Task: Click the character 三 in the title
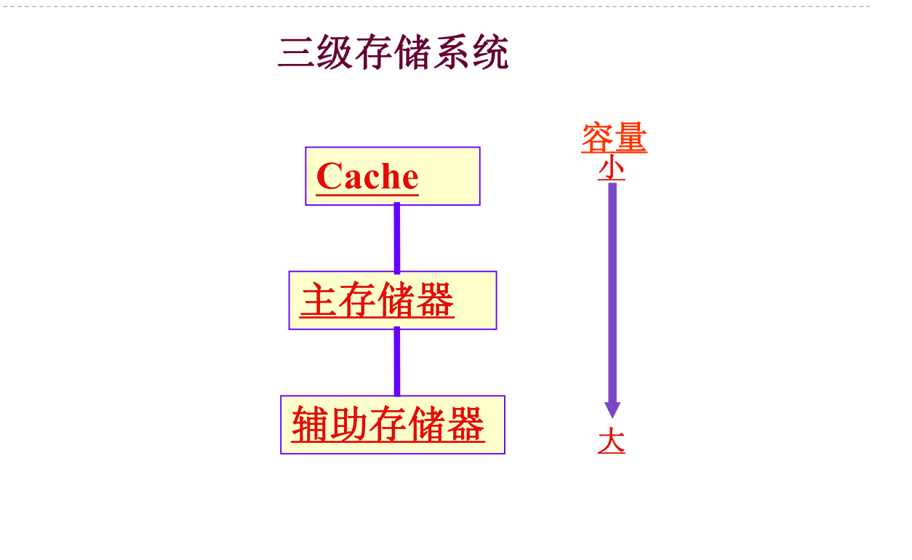pyautogui.click(x=297, y=53)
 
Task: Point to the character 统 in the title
pyautogui.click(x=490, y=53)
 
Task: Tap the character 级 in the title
pyautogui.click(x=335, y=53)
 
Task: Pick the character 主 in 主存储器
pyautogui.click(x=319, y=300)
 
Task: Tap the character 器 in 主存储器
pyautogui.click(x=435, y=300)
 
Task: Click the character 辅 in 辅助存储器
pyautogui.click(x=311, y=425)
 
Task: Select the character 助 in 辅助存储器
pyautogui.click(x=349, y=425)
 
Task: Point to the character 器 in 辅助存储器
pyautogui.click(x=465, y=425)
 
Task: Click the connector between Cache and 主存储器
pyautogui.click(x=397, y=239)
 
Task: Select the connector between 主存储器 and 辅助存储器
pyautogui.click(x=397, y=362)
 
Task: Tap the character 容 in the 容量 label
pyautogui.click(x=597, y=138)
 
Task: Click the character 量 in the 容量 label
pyautogui.click(x=630, y=138)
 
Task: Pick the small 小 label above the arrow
pyautogui.click(x=612, y=169)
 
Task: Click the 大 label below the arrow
pyautogui.click(x=612, y=441)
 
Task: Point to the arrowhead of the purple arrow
pyautogui.click(x=612, y=409)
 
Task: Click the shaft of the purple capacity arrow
pyautogui.click(x=612, y=291)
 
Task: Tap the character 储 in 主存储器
pyautogui.click(x=396, y=300)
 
